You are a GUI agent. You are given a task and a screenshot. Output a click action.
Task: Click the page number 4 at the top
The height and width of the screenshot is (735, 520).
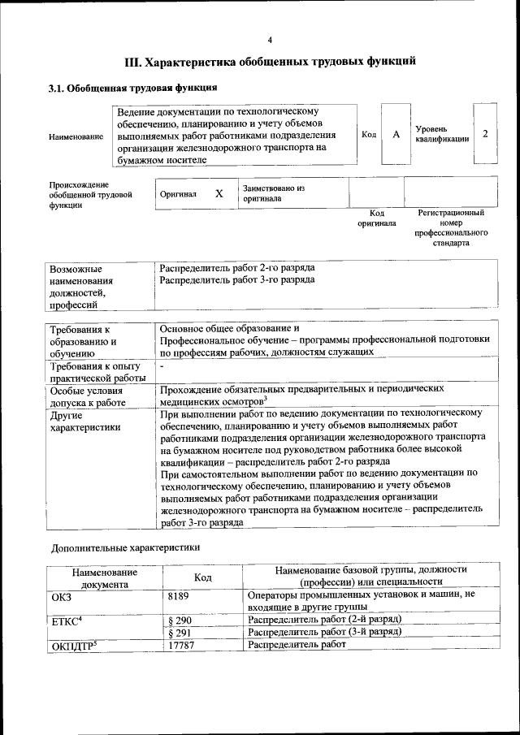270,40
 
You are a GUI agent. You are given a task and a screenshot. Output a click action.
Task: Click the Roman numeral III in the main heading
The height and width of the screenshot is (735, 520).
132,61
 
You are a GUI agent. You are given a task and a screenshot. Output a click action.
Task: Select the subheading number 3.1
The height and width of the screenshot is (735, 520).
57,89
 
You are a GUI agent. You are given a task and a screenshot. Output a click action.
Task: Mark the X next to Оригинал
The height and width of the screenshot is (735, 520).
219,194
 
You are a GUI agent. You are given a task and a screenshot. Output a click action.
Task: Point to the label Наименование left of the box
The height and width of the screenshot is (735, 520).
76,136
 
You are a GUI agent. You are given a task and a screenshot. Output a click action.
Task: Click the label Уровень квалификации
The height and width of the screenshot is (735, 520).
442,134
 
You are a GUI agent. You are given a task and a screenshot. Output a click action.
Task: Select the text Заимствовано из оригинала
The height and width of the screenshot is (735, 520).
273,192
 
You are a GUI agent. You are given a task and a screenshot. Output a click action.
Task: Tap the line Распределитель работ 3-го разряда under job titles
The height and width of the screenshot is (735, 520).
237,280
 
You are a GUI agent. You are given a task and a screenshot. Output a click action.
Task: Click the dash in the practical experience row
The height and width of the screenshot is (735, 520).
162,368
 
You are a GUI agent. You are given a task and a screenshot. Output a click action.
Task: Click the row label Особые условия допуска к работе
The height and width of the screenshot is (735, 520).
87,396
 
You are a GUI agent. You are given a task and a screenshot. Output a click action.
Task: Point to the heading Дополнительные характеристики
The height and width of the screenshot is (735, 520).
125,547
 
